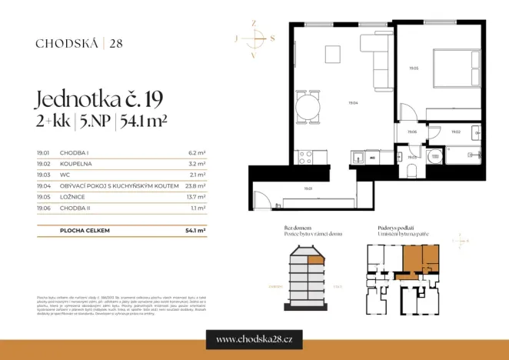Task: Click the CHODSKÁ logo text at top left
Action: coord(66,43)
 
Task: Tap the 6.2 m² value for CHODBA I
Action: coord(197,153)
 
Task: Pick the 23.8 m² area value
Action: coord(196,185)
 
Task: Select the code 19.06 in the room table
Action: coord(43,208)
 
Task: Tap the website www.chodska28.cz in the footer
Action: coord(254,338)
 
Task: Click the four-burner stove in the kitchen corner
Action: coord(304,158)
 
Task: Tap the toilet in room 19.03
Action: coord(434,158)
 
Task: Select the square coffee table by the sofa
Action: coord(334,55)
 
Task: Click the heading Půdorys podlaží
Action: coord(397,228)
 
